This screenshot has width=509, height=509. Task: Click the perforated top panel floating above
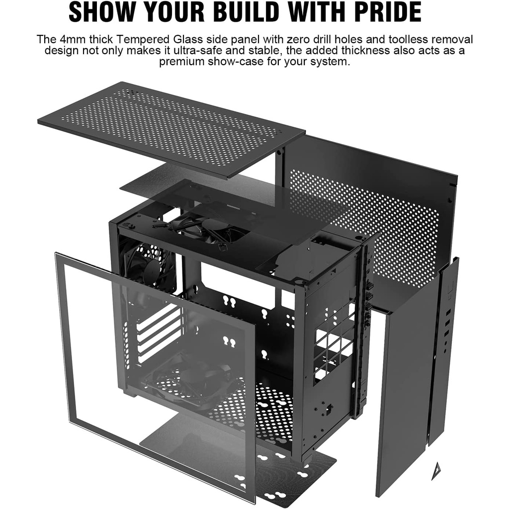tap(171, 129)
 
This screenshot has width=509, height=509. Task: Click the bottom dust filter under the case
tap(239, 461)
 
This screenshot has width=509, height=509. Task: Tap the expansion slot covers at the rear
tap(159, 335)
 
